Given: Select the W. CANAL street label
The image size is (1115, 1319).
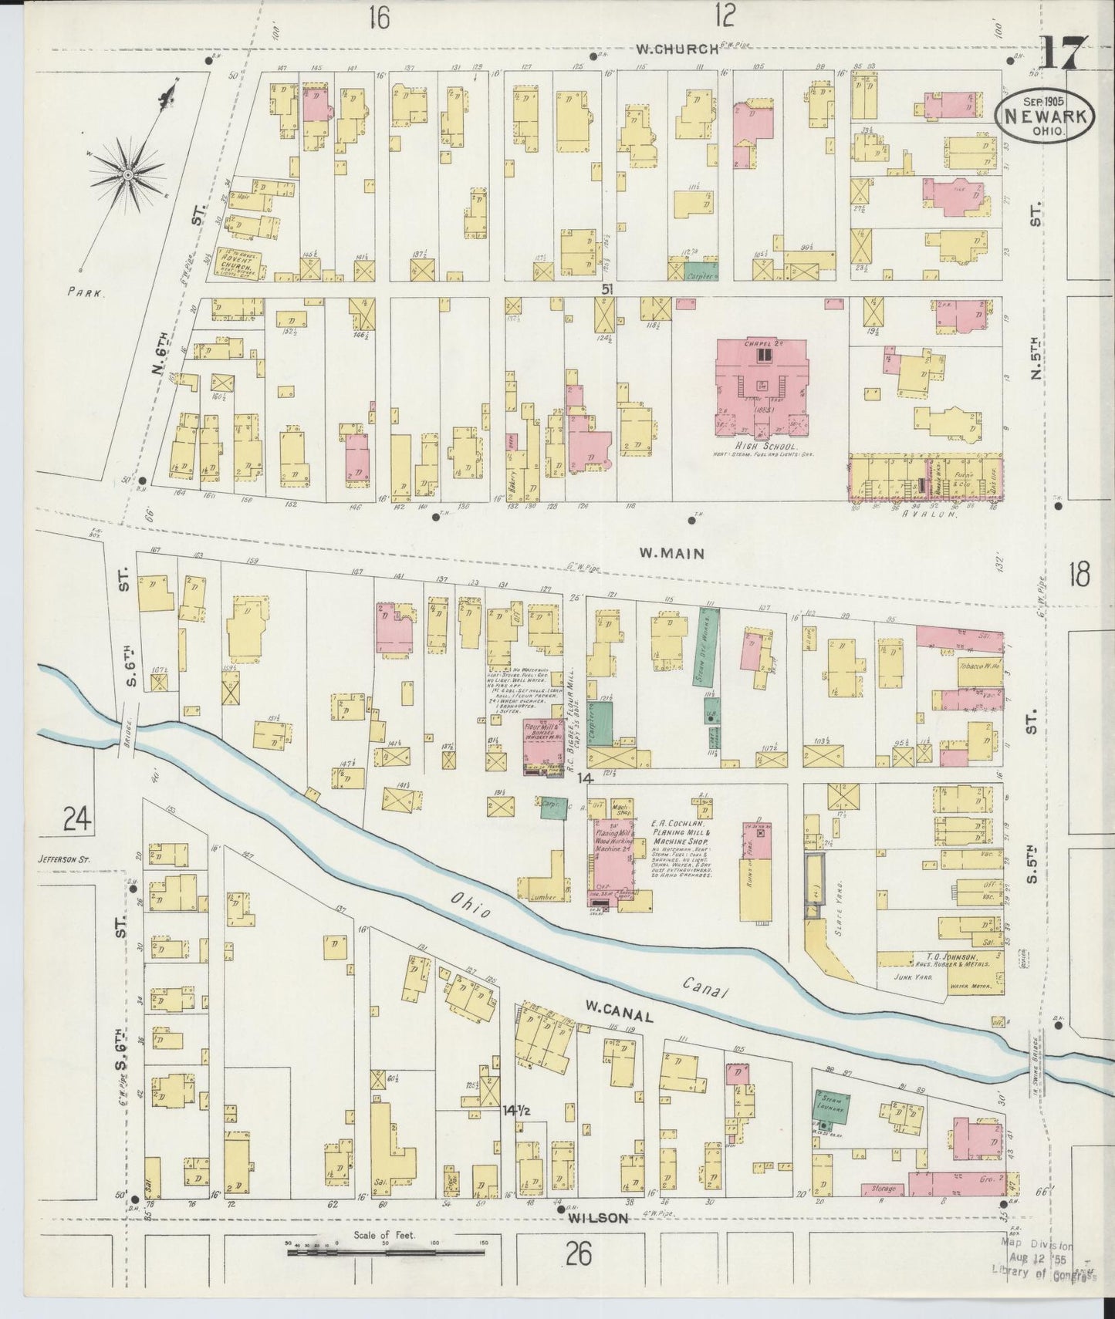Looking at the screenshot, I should pos(618,1017).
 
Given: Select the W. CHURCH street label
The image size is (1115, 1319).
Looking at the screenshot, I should pos(676,49).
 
